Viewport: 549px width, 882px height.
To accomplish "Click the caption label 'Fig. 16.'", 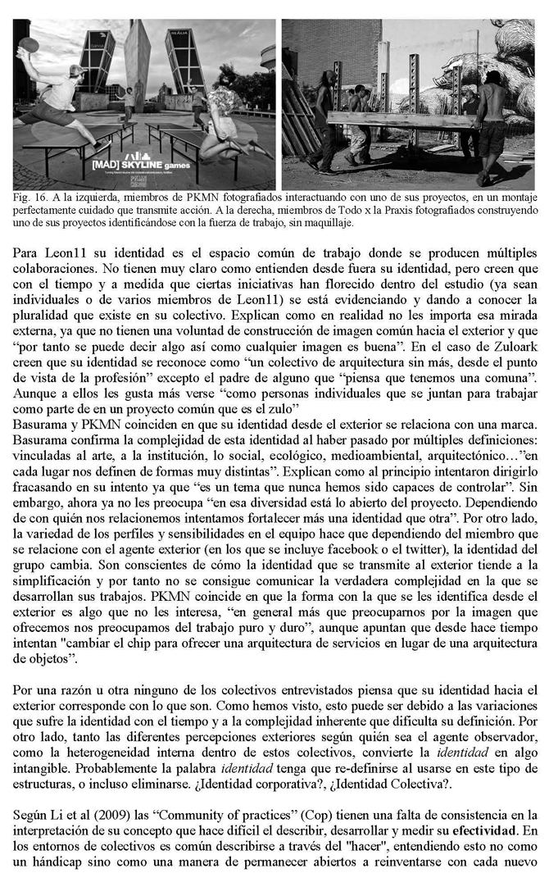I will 28,199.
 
